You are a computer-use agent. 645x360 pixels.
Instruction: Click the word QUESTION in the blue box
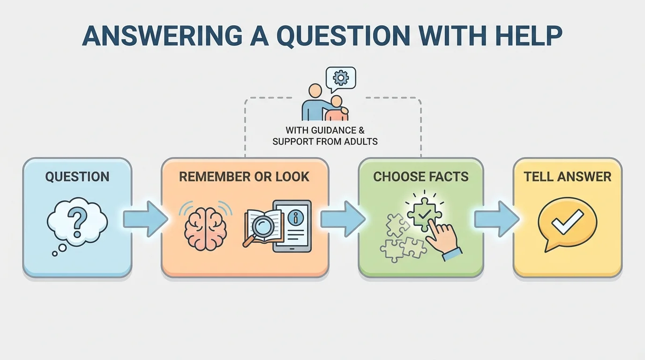pyautogui.click(x=77, y=177)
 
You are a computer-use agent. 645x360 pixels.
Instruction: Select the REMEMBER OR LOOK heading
pyautogui.click(x=244, y=177)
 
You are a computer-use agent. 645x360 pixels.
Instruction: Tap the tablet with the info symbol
pyautogui.click(x=293, y=225)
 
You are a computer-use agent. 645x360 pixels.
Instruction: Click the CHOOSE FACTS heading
pyautogui.click(x=420, y=177)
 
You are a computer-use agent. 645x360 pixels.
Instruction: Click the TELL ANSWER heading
pyautogui.click(x=567, y=177)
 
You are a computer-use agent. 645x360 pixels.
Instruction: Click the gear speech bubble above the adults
pyautogui.click(x=341, y=78)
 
